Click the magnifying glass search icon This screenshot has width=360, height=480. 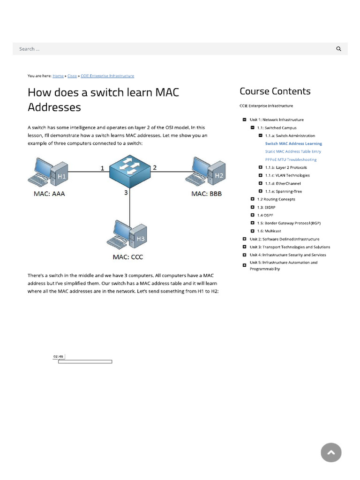(339, 49)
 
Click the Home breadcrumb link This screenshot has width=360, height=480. (58, 76)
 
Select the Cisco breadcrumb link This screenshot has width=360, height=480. (72, 76)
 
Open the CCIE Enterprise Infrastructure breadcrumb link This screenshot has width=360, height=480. (107, 76)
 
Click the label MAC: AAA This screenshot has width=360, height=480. (49, 194)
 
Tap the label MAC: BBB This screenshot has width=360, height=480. (206, 194)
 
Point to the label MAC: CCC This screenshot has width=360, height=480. (128, 257)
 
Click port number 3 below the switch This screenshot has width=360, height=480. (126, 192)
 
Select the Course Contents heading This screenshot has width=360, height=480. (275, 91)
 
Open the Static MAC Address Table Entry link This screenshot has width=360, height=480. (293, 151)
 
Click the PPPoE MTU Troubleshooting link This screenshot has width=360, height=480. (291, 159)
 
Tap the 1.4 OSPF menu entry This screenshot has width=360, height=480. (265, 215)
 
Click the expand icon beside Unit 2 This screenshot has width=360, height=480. (244, 239)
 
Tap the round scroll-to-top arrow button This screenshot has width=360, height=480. (331, 452)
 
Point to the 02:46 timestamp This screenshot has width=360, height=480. (58, 357)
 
